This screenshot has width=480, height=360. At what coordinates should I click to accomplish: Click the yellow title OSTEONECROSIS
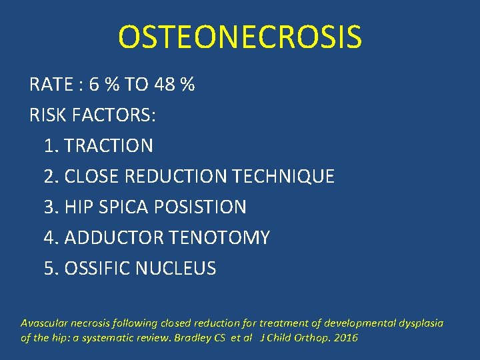pyautogui.click(x=240, y=37)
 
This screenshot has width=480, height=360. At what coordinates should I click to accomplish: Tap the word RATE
pyautogui.click(x=51, y=85)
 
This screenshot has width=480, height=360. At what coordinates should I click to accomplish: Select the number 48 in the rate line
pyautogui.click(x=165, y=85)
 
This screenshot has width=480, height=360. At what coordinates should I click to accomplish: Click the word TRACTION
pyautogui.click(x=109, y=146)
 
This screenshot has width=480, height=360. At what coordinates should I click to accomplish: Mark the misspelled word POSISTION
pyautogui.click(x=200, y=207)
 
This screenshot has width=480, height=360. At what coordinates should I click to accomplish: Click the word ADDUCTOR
pyautogui.click(x=116, y=238)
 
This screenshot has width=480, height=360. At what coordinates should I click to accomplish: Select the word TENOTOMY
pyautogui.click(x=221, y=238)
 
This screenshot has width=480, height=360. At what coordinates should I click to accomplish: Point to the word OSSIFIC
pyautogui.click(x=97, y=269)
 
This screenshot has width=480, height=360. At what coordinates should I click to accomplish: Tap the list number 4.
pyautogui.click(x=49, y=238)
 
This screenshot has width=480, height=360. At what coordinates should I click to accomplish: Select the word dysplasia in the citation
pyautogui.click(x=421, y=323)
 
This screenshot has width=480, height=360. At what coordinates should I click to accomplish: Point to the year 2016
pyautogui.click(x=345, y=338)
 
